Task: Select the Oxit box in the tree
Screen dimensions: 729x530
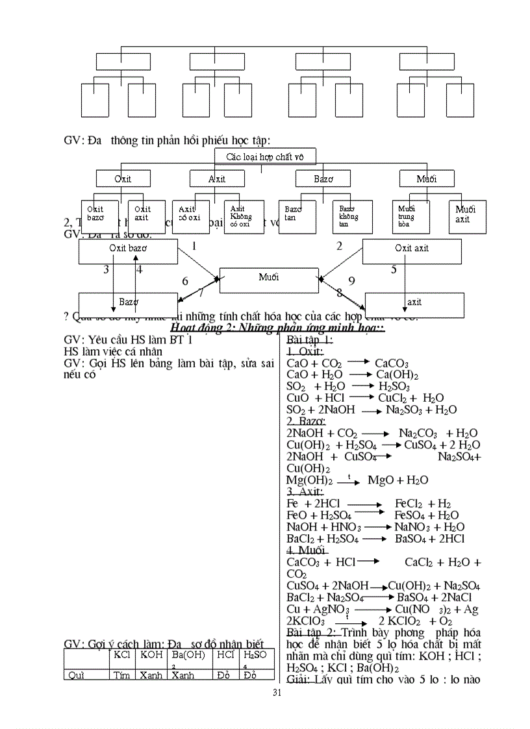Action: click(x=123, y=179)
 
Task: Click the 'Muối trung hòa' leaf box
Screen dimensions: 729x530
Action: click(x=415, y=217)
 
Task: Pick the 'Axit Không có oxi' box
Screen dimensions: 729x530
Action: click(x=244, y=217)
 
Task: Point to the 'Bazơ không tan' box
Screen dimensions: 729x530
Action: click(x=352, y=217)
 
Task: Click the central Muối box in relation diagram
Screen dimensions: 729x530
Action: click(x=269, y=278)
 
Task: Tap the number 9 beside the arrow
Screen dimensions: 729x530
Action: click(x=351, y=281)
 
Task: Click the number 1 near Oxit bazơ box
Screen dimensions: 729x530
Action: click(x=194, y=246)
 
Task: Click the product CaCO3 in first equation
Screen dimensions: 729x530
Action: click(x=392, y=364)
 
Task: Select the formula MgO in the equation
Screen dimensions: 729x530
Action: click(x=381, y=480)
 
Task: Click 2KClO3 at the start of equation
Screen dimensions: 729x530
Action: click(x=305, y=621)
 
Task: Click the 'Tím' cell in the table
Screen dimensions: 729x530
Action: click(x=121, y=675)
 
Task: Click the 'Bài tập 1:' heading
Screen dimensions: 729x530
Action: click(x=310, y=340)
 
